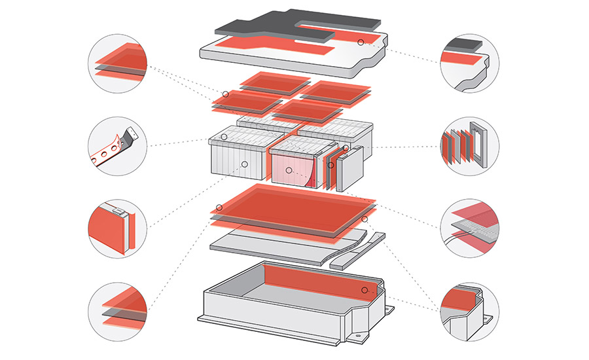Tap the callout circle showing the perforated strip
tap(116, 146)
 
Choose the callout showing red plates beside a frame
tap(470, 146)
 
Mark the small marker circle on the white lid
tap(360, 42)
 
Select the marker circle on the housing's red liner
tap(364, 289)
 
